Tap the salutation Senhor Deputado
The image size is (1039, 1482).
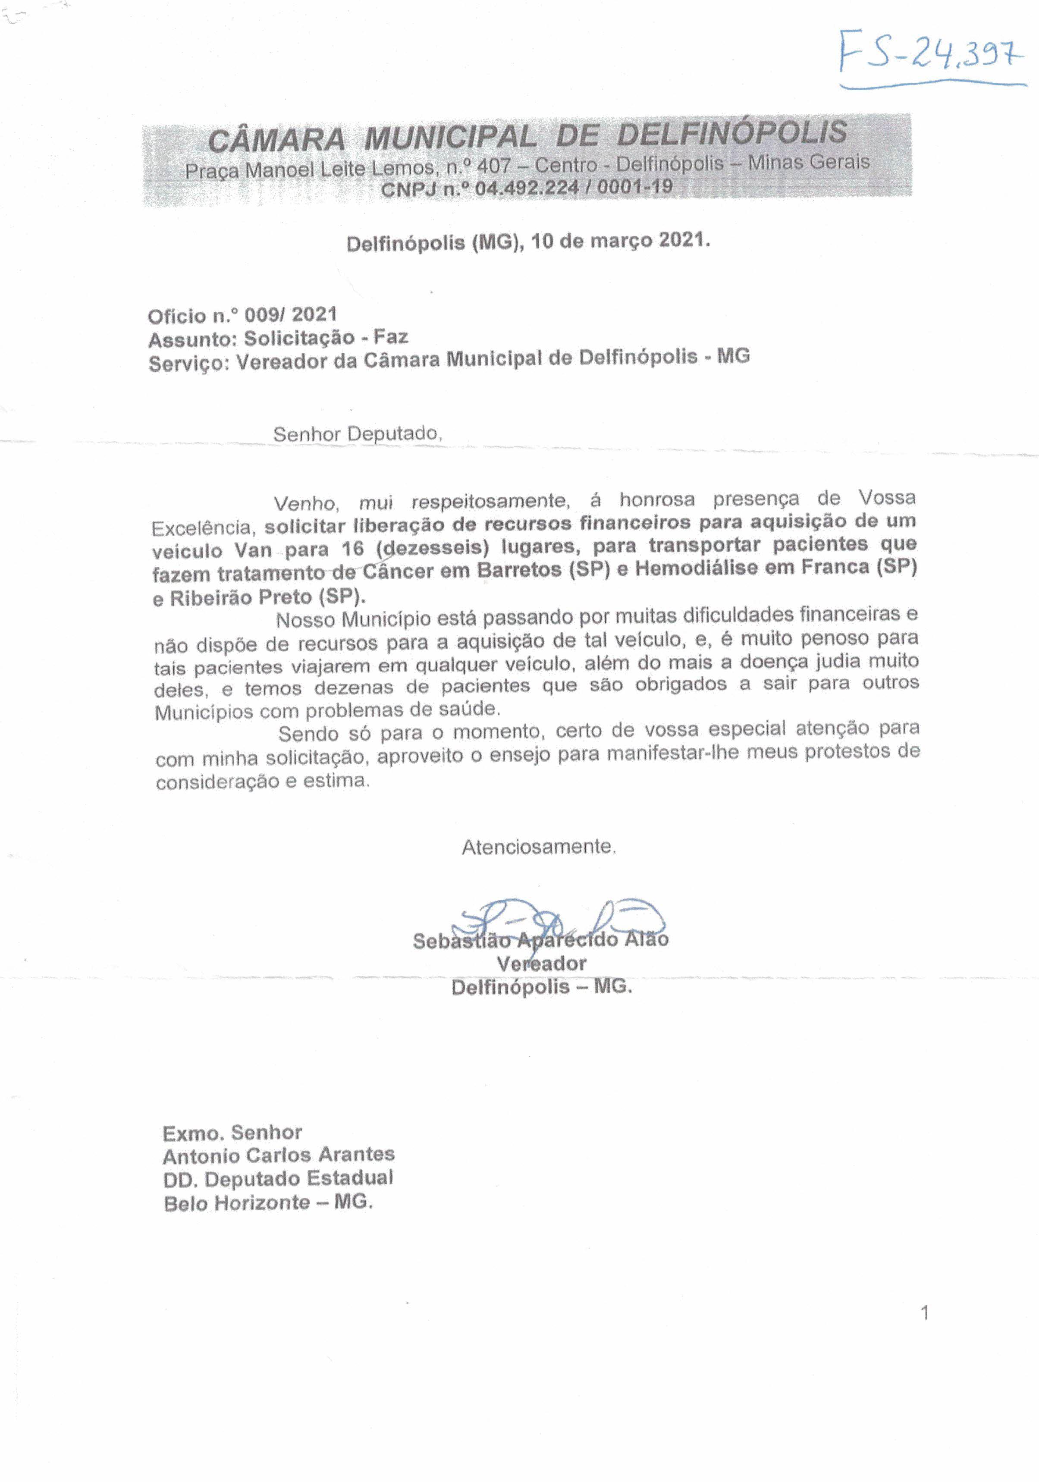tap(357, 434)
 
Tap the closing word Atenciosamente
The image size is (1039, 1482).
tap(538, 847)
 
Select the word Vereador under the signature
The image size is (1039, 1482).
tap(541, 963)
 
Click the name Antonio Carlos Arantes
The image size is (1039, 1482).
tap(279, 1155)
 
